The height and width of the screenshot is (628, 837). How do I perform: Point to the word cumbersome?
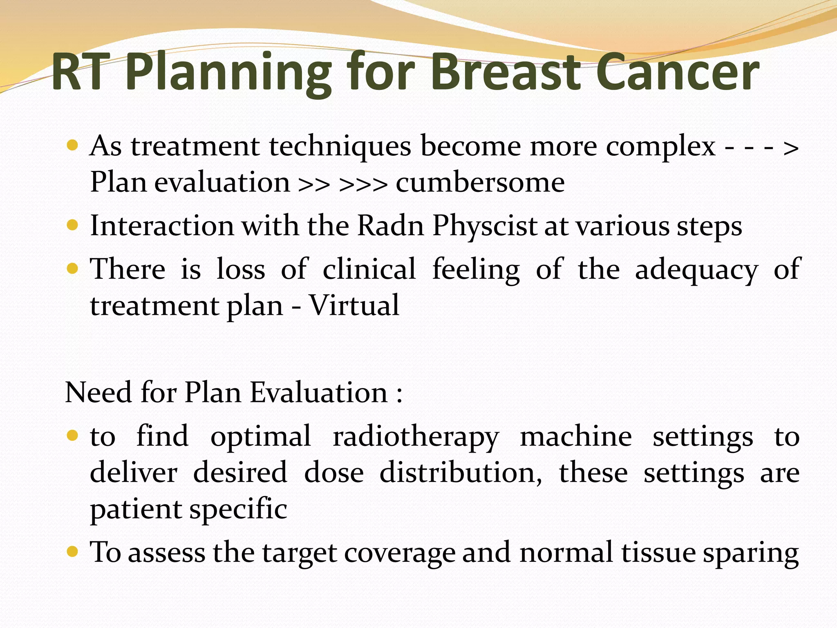[x=480, y=183]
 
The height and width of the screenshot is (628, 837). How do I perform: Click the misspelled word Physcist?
[x=485, y=226]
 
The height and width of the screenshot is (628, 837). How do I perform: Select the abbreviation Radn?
[x=390, y=226]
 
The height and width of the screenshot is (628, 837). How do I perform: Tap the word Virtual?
[x=354, y=305]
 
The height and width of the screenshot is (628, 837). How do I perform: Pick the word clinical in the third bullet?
[x=369, y=269]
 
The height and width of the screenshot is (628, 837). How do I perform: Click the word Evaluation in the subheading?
[x=318, y=392]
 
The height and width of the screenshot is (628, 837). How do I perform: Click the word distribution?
[x=461, y=473]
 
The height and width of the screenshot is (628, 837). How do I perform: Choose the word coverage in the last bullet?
[x=399, y=553]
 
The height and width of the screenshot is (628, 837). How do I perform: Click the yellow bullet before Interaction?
[x=72, y=225]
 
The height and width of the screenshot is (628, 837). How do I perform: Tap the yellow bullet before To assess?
[x=72, y=552]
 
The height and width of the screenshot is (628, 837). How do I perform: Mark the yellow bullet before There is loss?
[x=72, y=269]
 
